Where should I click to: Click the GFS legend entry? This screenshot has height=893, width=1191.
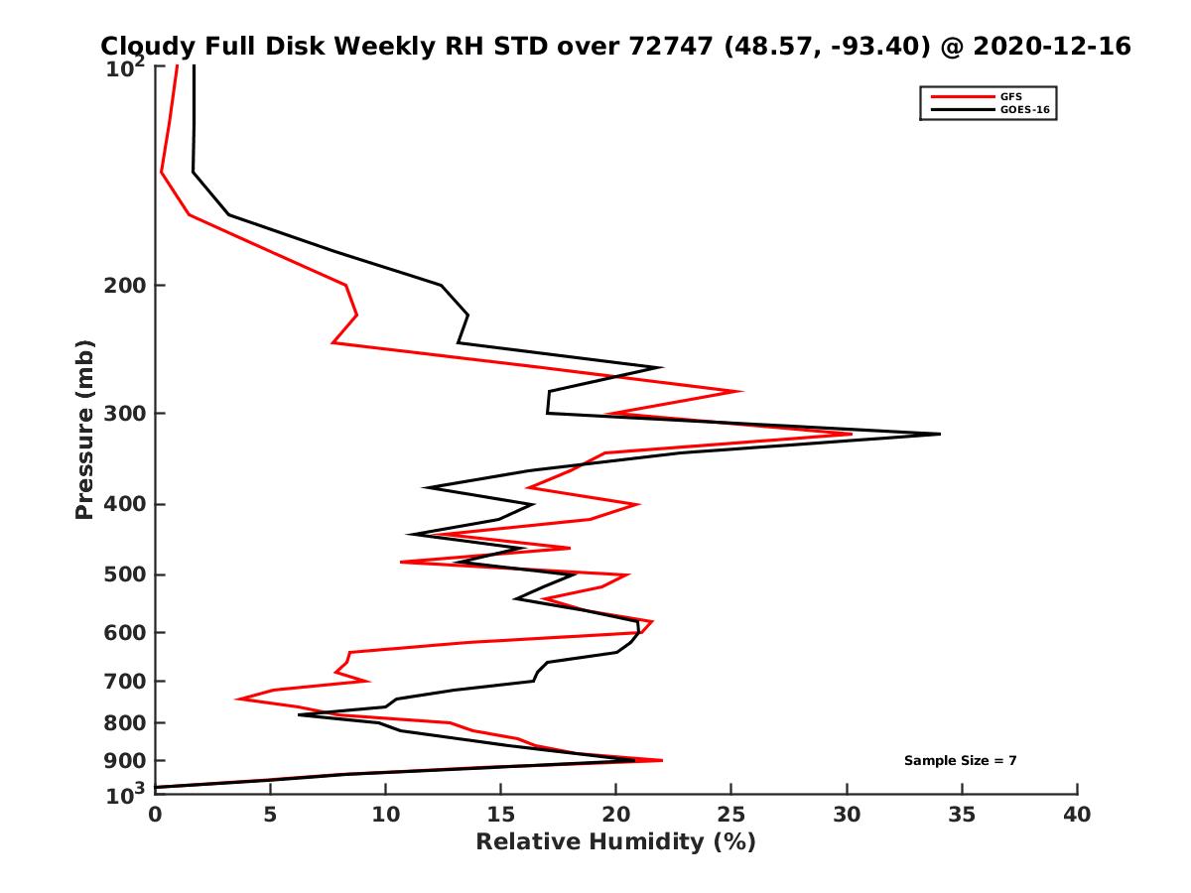[1011, 96]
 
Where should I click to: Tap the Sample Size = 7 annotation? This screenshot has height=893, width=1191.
[960, 760]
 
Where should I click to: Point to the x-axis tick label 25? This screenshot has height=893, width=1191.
[731, 816]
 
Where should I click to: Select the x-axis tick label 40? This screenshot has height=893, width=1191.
[1077, 816]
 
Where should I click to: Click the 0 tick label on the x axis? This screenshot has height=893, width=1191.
[155, 816]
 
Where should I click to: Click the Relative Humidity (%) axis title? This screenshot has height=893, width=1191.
[615, 842]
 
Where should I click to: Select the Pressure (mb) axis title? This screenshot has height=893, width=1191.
[84, 429]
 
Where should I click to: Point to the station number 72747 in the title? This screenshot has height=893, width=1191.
[676, 47]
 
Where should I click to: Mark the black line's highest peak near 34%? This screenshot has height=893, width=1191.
[939, 434]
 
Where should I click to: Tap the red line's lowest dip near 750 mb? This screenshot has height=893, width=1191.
[236, 699]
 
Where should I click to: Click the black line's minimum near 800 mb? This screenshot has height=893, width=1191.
[299, 714]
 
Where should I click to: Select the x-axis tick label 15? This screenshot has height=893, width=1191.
[500, 816]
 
